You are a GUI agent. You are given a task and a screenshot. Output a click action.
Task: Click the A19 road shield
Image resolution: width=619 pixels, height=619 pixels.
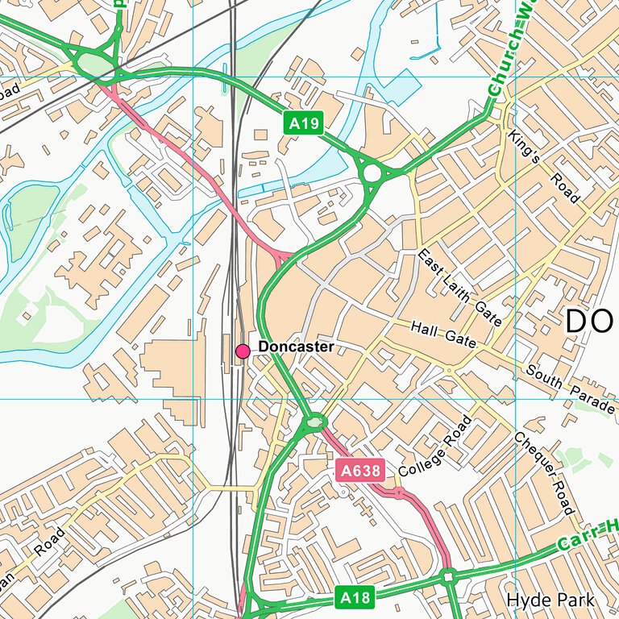coord(305,123)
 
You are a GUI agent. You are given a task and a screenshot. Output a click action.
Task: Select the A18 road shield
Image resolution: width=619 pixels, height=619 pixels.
coord(355,597)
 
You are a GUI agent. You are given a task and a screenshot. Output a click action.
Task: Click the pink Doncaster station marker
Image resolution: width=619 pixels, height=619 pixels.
coord(243,351)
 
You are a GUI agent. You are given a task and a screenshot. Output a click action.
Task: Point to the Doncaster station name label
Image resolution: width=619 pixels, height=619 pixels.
coord(296,347)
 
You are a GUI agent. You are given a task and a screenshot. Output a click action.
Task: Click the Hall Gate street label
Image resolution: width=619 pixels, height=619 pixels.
coord(443,334)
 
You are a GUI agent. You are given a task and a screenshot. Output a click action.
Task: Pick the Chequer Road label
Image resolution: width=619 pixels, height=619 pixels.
coord(544,472)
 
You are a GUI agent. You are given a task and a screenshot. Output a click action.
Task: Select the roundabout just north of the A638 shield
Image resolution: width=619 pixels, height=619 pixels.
coord(314,422)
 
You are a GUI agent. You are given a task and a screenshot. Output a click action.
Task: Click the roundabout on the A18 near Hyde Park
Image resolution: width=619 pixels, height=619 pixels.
coord(449,577)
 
